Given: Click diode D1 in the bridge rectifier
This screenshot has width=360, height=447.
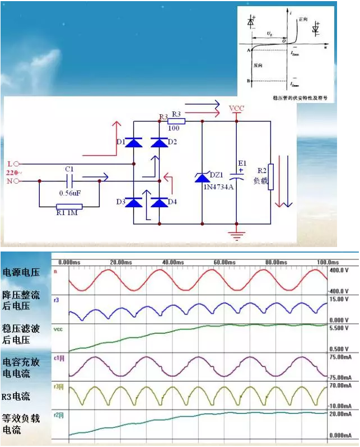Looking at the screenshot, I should pyautogui.click(x=133, y=142).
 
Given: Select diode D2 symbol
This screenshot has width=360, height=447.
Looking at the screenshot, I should pyautogui.click(x=160, y=142).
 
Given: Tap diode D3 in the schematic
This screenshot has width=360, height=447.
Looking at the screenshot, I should pyautogui.click(x=133, y=202).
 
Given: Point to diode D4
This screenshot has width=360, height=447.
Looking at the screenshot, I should pyautogui.click(x=160, y=202).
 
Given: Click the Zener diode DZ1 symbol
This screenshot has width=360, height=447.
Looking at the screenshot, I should pyautogui.click(x=202, y=178).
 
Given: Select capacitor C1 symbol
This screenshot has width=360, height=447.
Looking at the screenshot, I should pyautogui.click(x=69, y=181).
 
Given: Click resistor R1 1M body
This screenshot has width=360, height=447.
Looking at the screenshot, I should pyautogui.click(x=69, y=207).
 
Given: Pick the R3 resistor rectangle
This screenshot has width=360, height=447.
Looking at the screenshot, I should pyautogui.click(x=177, y=120).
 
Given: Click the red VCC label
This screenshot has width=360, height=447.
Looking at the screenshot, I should pyautogui.click(x=237, y=108).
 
